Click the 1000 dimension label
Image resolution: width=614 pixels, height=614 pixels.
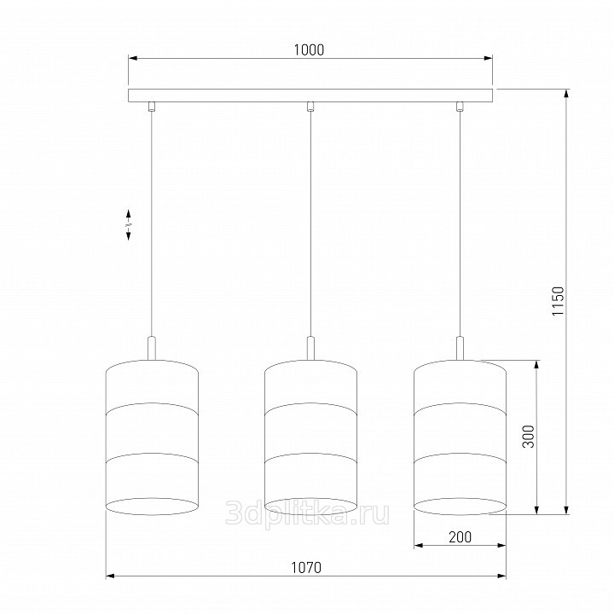coord(309,49)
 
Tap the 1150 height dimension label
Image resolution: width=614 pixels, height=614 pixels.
coord(558,301)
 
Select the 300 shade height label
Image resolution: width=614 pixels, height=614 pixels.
coord(528,437)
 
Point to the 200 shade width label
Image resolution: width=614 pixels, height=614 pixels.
coord(460,537)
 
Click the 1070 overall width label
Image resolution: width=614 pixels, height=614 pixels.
coord(306,567)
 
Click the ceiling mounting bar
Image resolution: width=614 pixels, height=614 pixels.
coord(310,96)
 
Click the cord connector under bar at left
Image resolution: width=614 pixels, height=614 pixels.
coord(152,107)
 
